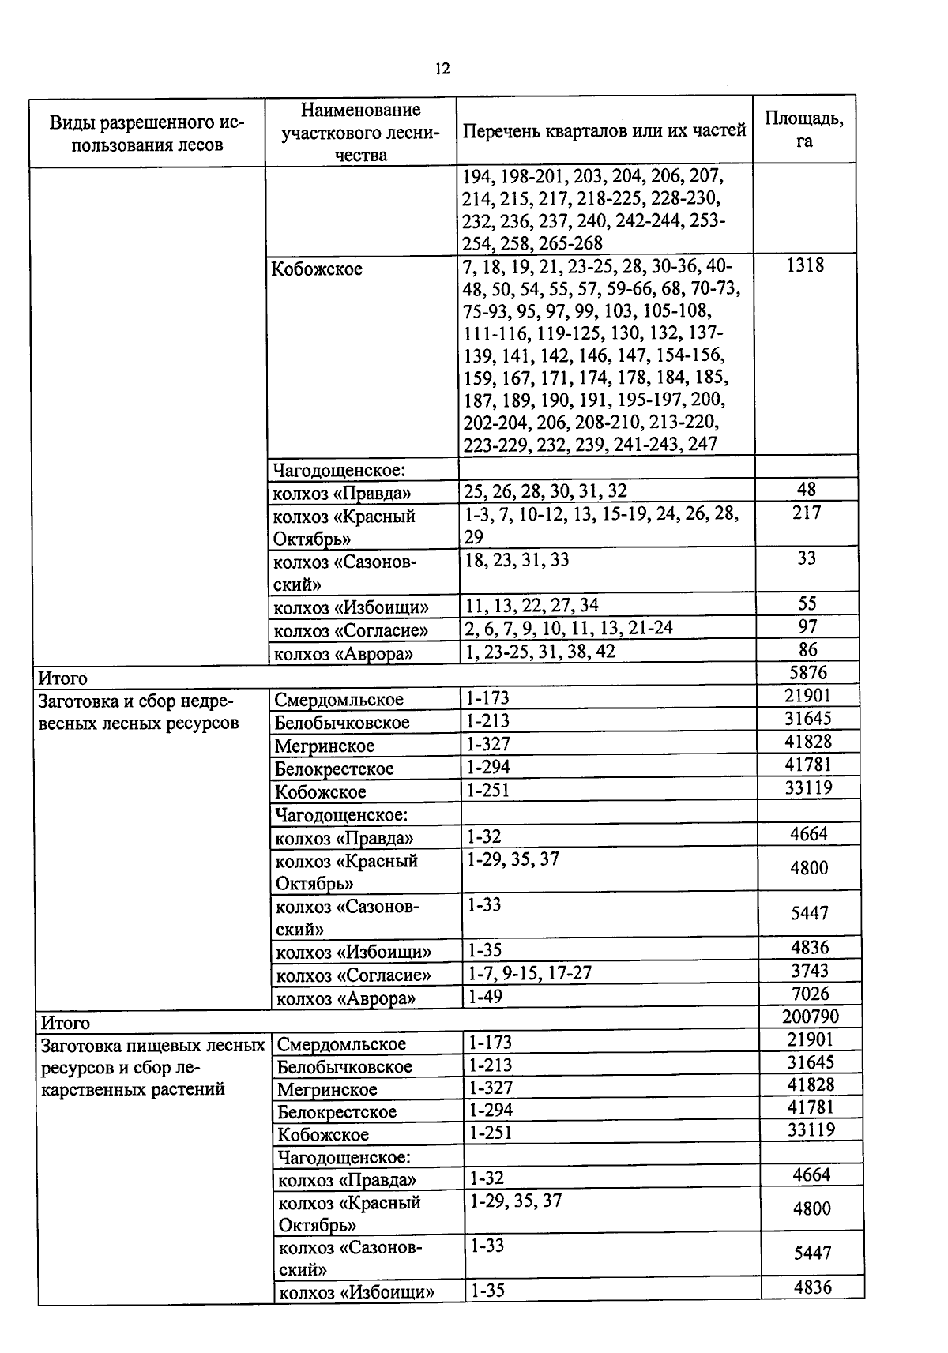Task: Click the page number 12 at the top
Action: (442, 70)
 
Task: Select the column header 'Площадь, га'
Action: (803, 130)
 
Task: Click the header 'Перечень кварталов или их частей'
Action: (604, 130)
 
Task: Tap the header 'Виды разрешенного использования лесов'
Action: (147, 133)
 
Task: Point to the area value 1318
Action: (805, 265)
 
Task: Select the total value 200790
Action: (811, 1017)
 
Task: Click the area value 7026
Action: (810, 994)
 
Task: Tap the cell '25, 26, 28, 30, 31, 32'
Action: (545, 492)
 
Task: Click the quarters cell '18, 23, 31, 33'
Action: (516, 560)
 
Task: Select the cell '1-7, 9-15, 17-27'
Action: (529, 973)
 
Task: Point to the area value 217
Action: (807, 513)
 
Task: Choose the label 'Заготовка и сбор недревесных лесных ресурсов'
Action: (138, 712)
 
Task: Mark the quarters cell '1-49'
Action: (484, 997)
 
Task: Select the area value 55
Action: (807, 604)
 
